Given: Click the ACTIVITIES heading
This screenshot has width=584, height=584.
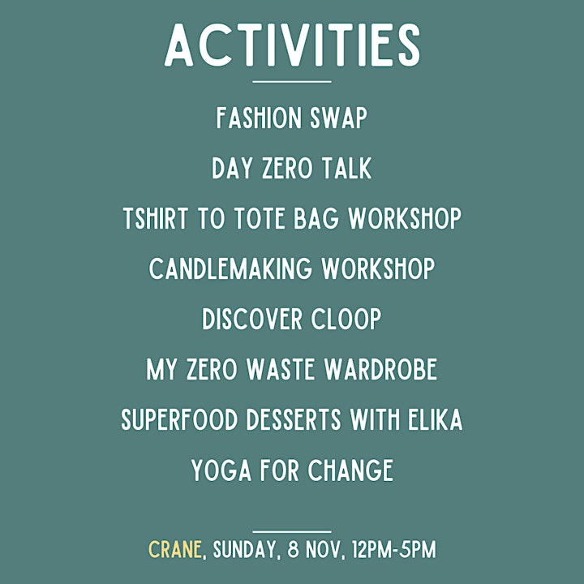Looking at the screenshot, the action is click(292, 45).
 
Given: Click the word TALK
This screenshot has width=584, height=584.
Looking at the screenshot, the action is click(347, 168).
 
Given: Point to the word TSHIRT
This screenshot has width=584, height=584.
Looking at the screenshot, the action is click(155, 218).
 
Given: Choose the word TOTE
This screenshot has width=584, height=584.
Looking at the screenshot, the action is click(260, 218).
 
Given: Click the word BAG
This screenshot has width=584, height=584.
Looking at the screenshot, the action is click(316, 218).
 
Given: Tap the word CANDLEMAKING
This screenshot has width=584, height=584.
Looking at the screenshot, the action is click(230, 268).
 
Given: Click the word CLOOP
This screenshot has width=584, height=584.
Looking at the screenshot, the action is click(346, 319).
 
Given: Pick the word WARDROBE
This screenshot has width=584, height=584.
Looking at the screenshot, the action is click(380, 369).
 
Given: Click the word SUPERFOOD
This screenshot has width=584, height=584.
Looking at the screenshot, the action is click(179, 419).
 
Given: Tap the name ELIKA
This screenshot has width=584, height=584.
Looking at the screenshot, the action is click(435, 419).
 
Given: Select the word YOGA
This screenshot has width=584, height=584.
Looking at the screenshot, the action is click(221, 470).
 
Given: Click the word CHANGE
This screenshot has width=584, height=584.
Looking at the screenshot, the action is click(350, 470).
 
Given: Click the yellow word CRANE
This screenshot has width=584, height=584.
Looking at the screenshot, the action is click(175, 549).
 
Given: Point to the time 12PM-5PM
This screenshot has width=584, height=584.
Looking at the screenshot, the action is click(393, 549).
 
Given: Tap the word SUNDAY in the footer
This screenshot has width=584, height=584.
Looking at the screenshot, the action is click(244, 550).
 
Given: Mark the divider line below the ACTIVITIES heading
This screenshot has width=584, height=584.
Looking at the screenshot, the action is click(292, 82).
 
